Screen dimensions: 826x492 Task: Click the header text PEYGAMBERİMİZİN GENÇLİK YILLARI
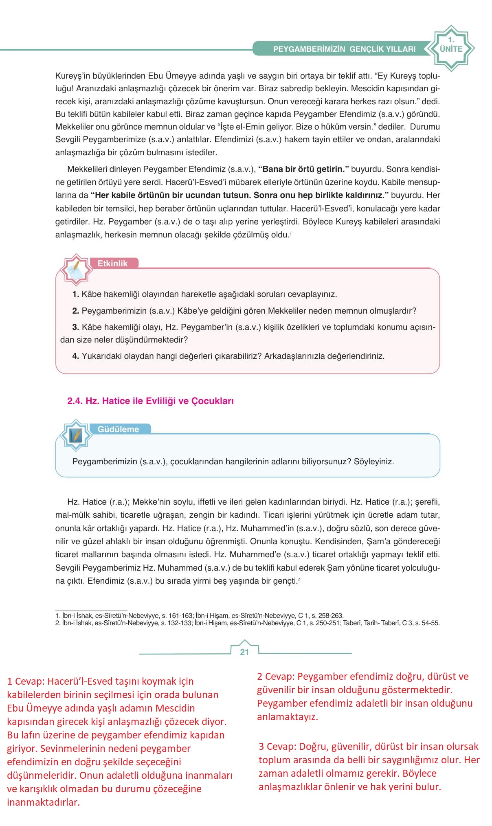pyautogui.click(x=344, y=49)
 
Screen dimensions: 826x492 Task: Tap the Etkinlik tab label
pyautogui.click(x=113, y=264)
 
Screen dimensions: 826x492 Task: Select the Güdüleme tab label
pyautogui.click(x=119, y=429)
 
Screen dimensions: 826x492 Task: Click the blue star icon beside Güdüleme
pyautogui.click(x=76, y=435)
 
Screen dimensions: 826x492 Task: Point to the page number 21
pyautogui.click(x=244, y=652)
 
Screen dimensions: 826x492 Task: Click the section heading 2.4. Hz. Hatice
pyautogui.click(x=150, y=401)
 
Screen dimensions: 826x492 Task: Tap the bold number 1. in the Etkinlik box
pyautogui.click(x=75, y=294)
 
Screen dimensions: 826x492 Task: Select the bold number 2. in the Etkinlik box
pyautogui.click(x=75, y=311)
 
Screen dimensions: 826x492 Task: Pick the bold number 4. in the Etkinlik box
pyautogui.click(x=75, y=356)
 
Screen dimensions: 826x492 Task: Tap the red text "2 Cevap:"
pyautogui.click(x=276, y=677)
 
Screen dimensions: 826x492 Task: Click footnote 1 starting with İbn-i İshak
pyautogui.click(x=199, y=615)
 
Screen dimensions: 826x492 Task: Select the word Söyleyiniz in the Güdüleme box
pyautogui.click(x=373, y=461)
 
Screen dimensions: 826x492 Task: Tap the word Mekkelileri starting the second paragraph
pyautogui.click(x=87, y=169)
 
